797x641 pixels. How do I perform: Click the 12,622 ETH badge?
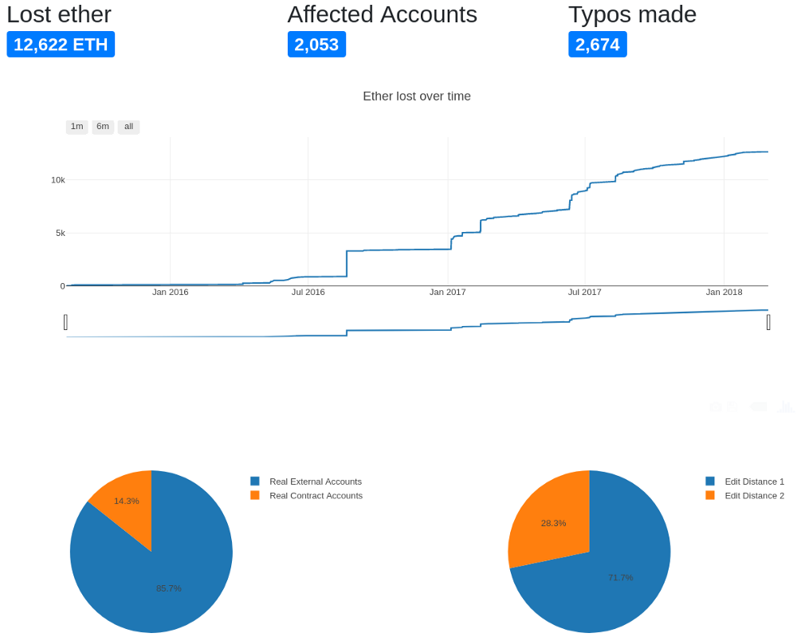coord(61,45)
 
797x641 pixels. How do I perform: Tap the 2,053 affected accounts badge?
coord(316,45)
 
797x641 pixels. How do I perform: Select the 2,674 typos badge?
coord(597,45)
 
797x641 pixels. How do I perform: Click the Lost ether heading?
coord(59,14)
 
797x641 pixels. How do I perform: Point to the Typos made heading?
coord(632,14)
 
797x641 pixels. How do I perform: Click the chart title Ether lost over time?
coord(417,96)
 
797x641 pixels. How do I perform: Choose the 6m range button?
coord(103,127)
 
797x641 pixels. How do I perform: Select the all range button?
coord(128,127)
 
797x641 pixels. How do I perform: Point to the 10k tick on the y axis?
coord(58,180)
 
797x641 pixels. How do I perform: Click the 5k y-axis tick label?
coord(61,233)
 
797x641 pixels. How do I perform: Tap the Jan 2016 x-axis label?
coord(171,292)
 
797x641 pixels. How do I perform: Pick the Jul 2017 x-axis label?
coord(585,292)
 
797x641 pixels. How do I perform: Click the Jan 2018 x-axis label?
coord(724,292)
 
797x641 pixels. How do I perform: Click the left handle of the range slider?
coord(65,322)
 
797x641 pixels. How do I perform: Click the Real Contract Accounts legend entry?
coord(316,496)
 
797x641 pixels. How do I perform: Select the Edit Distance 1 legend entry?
coord(754,482)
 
